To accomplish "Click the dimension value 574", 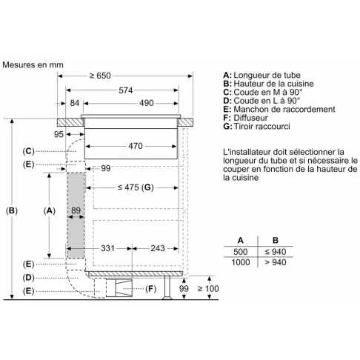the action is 126,90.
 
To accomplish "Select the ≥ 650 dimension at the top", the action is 100,76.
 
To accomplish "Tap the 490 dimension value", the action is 146,103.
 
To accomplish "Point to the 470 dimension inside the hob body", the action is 136,146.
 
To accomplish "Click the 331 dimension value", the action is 107,248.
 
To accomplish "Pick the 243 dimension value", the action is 158,248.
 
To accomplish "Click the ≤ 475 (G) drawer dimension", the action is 136,187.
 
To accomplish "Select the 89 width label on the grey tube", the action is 76,210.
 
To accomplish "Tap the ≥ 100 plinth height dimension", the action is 208,288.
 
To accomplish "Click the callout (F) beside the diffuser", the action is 150,288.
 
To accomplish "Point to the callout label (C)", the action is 28,151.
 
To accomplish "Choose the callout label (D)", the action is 28,278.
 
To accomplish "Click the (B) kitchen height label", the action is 12,211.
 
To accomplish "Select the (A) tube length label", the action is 49,211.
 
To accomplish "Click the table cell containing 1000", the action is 241,262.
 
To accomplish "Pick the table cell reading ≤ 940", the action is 276,252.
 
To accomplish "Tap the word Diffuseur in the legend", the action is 250,118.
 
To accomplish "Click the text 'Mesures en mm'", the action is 33,64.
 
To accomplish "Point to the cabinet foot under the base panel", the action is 167,287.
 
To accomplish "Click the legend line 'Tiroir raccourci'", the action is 261,127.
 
